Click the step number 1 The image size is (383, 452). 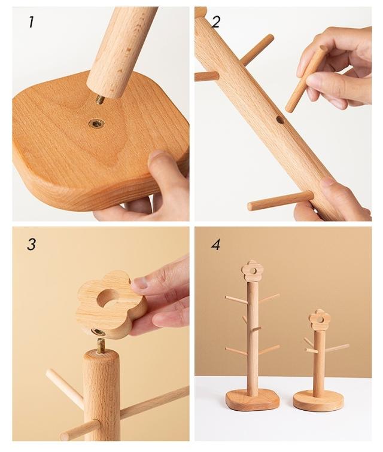point(31,22)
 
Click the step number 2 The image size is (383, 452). point(215,22)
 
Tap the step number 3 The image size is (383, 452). point(31,245)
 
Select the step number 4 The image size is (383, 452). point(215,245)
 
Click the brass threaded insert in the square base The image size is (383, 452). point(96,124)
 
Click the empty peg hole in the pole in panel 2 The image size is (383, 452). point(280,120)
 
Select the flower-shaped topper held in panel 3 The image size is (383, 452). point(111,304)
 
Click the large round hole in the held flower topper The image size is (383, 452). point(109,297)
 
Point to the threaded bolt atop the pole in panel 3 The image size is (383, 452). point(100,346)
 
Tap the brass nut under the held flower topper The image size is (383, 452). point(98,332)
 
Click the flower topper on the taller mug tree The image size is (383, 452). point(251,270)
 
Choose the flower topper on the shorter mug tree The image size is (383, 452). point(320,319)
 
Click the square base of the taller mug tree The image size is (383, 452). point(253,400)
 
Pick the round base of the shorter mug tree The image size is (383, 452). point(318,401)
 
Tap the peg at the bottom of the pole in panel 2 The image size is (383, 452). point(281,201)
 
